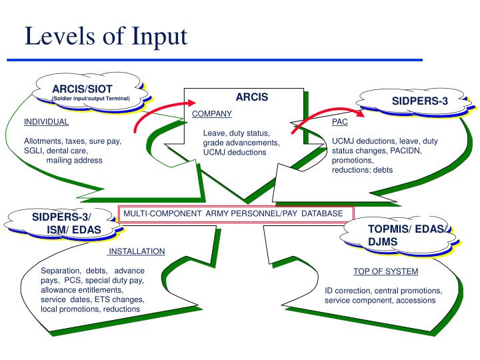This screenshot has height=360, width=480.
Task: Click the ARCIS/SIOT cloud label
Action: (83, 89)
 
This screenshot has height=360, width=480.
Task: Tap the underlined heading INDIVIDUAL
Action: (46, 122)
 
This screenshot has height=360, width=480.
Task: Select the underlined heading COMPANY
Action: (212, 113)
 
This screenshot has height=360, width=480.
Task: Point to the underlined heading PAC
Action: (340, 122)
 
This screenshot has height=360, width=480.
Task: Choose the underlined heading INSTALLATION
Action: (137, 251)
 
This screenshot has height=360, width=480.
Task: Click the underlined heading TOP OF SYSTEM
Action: (386, 271)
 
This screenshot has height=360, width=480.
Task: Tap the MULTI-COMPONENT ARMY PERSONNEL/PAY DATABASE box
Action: (236, 213)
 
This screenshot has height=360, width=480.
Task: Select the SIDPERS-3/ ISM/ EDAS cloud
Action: (63, 223)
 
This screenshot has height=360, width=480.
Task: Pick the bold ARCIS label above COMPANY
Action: (252, 97)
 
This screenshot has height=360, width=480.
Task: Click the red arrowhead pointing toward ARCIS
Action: (191, 103)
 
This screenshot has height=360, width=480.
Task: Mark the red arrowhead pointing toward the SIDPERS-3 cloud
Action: (360, 113)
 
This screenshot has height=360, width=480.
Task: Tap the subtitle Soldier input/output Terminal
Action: (91, 99)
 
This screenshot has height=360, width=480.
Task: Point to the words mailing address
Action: (75, 161)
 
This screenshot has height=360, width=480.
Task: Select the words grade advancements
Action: (241, 143)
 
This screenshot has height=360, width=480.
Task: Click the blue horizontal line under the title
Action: (215, 60)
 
